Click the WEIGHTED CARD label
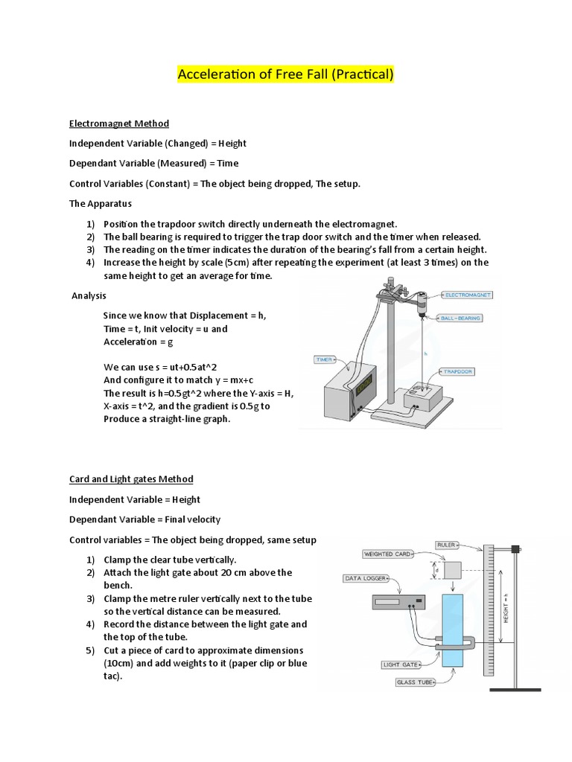[387, 554]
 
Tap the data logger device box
[397, 602]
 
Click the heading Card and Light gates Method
[131, 479]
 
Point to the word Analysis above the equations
[89, 295]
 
